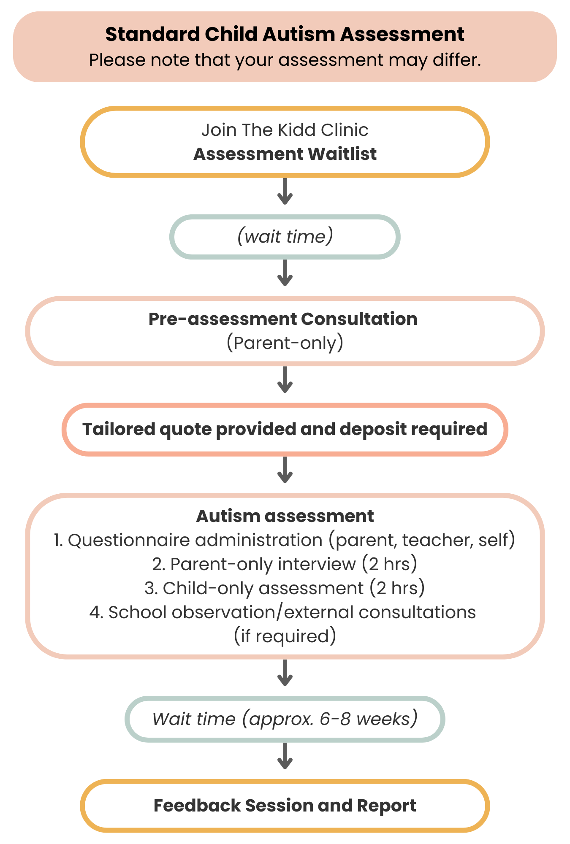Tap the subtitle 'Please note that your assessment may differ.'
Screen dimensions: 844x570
click(x=285, y=60)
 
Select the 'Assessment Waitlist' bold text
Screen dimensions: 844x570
click(x=285, y=154)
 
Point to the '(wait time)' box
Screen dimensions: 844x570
click(x=285, y=237)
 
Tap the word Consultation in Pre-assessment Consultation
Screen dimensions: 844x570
click(x=359, y=319)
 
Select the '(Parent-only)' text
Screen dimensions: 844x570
click(x=285, y=343)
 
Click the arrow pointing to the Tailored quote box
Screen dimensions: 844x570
click(x=285, y=379)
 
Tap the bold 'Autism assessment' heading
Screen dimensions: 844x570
click(x=285, y=516)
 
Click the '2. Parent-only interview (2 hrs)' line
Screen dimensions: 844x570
click(x=285, y=564)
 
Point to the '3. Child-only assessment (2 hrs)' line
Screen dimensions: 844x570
click(x=285, y=588)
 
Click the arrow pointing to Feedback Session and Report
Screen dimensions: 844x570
click(x=285, y=756)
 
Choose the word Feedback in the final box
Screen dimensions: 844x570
click(x=196, y=806)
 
